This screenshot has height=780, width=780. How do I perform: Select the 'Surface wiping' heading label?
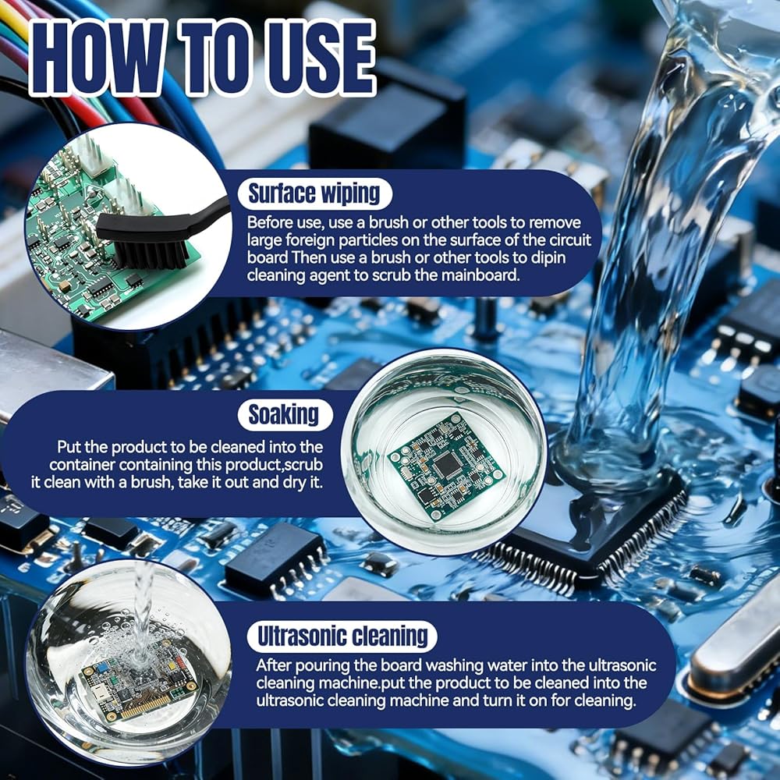314,193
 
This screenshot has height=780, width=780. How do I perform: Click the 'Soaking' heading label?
284,414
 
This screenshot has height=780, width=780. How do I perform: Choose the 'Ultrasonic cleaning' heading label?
342,636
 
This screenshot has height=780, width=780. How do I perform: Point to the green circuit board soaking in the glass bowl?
446,466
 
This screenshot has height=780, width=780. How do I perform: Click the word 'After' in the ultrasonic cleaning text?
274,665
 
